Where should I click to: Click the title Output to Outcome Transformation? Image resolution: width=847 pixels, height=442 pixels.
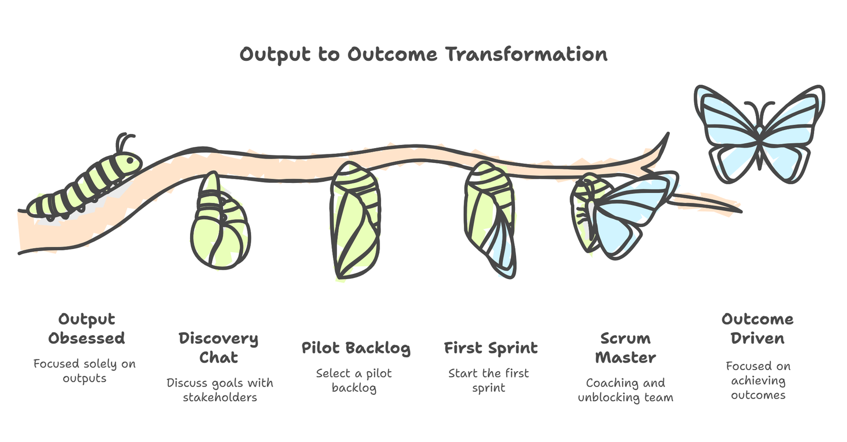[424, 54]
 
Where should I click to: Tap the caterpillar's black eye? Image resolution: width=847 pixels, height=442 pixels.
[130, 161]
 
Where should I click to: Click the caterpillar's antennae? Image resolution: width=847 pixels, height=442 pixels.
[123, 142]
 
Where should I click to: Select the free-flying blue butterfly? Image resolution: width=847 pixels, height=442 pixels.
[759, 134]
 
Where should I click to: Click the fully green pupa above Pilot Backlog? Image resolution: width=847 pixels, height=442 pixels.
[355, 221]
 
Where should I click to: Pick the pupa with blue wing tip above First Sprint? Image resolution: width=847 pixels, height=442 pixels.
[490, 219]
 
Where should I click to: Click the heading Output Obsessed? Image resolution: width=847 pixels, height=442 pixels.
[86, 329]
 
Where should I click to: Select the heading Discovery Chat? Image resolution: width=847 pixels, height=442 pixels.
[219, 348]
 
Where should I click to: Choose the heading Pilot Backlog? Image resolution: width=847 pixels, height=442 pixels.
[356, 348]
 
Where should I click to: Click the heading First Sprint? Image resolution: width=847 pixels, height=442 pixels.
[491, 348]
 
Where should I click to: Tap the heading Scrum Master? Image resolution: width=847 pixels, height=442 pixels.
[626, 348]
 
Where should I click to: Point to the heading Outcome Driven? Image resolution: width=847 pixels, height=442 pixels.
[758, 329]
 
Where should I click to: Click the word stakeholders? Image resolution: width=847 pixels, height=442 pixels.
[220, 398]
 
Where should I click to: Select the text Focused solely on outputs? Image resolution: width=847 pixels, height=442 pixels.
[84, 371]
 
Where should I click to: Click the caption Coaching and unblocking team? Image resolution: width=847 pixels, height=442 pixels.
[626, 390]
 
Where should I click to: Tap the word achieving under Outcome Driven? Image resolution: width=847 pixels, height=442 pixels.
[758, 381]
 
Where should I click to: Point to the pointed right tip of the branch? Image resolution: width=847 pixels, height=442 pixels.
[741, 211]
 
